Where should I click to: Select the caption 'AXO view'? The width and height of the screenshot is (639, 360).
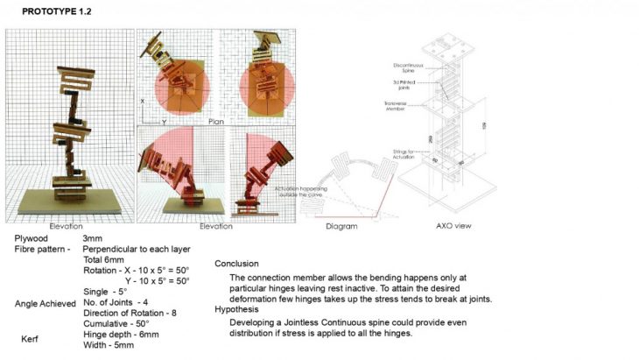click(453, 226)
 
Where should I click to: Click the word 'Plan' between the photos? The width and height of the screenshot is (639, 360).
click(218, 122)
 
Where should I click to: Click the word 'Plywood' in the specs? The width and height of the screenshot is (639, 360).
click(32, 238)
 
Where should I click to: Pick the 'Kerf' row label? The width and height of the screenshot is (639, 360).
click(32, 338)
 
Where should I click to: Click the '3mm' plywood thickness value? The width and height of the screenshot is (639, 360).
click(92, 238)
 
